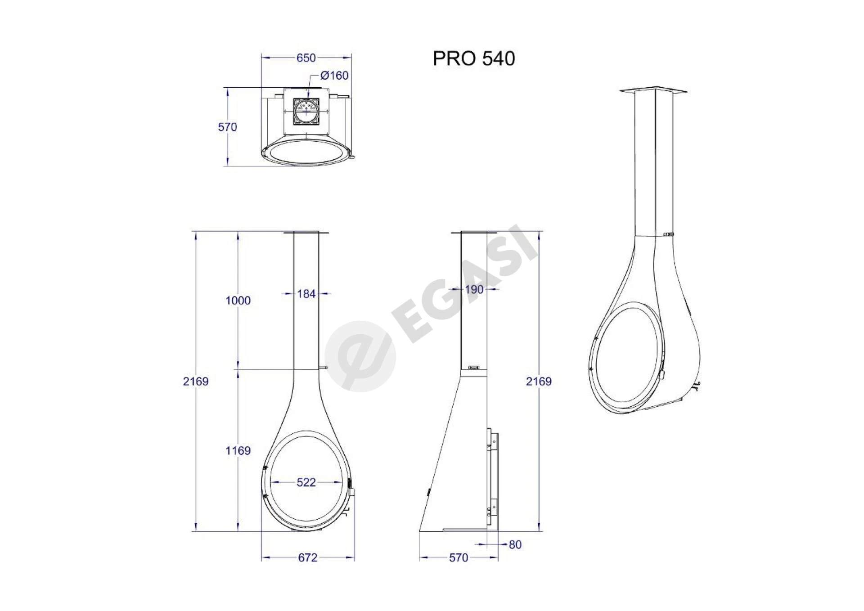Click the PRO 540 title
click(474, 58)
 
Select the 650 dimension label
click(306, 58)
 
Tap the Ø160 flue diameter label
click(334, 76)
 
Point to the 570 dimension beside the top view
click(227, 127)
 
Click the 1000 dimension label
click(238, 301)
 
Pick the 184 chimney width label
click(306, 294)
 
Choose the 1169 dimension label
click(238, 450)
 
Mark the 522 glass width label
click(306, 482)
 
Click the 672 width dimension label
click(308, 557)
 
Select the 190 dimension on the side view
click(474, 289)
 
